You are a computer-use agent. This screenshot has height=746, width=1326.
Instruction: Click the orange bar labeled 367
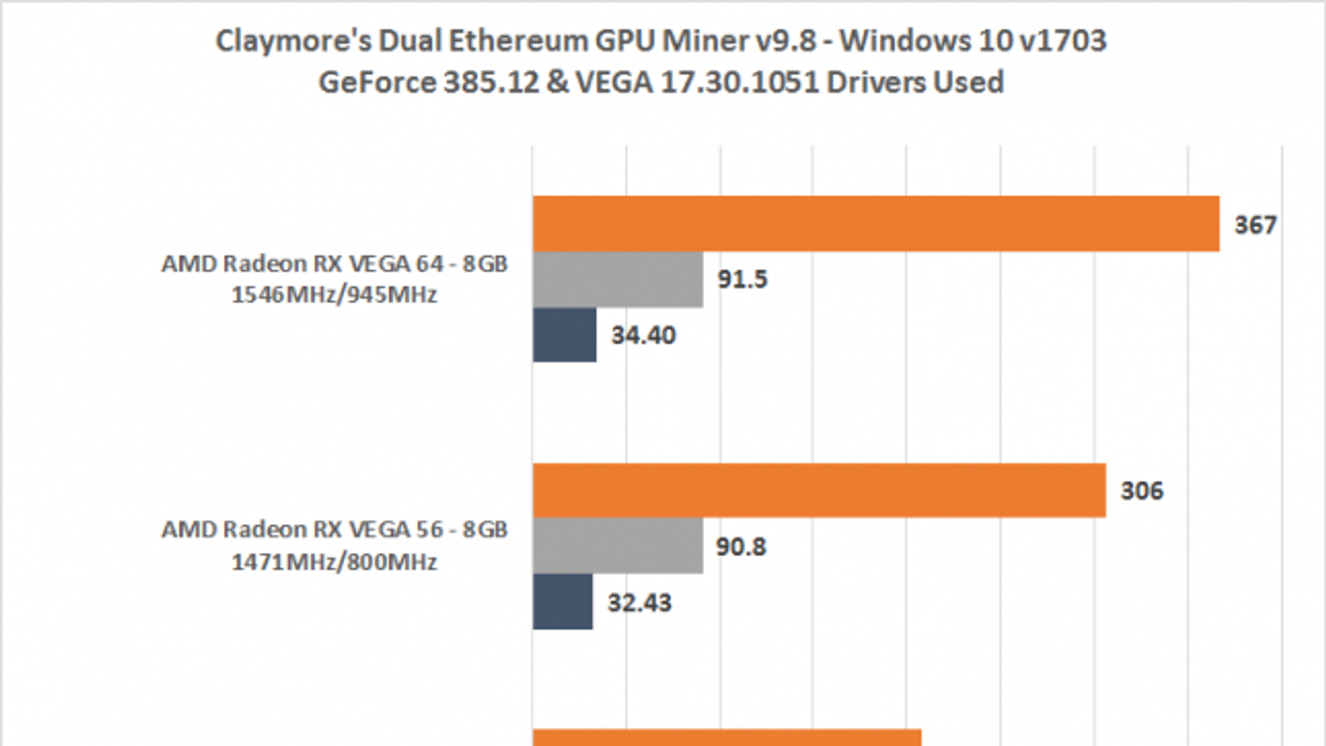875,224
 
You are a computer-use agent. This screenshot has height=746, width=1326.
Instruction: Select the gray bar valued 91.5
618,279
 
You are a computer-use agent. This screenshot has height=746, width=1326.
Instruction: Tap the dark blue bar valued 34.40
564,335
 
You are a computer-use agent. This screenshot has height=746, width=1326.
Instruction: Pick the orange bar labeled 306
819,491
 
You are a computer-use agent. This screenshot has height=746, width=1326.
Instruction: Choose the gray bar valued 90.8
618,546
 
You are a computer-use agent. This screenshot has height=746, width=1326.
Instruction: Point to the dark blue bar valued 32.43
563,602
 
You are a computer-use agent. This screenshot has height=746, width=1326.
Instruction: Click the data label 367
1255,225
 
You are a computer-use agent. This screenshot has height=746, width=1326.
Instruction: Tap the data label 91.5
743,279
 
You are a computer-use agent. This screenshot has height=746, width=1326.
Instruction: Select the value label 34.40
643,335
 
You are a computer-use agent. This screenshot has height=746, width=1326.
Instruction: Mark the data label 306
1141,491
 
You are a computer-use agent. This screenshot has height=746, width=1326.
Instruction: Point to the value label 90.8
741,547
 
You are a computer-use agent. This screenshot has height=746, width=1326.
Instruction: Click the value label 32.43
640,603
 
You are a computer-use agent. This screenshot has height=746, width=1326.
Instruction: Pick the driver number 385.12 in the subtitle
491,82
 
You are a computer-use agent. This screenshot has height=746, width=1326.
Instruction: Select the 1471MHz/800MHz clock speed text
334,562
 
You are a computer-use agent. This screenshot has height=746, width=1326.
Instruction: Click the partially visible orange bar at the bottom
727,738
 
